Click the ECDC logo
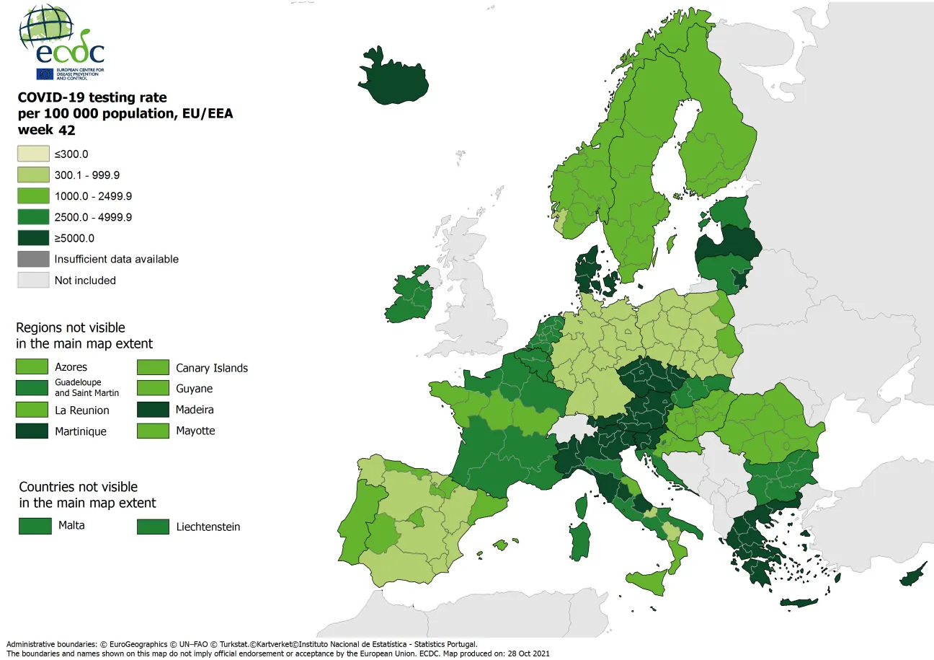[62, 43]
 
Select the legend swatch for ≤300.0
[33, 154]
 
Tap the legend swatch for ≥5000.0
[33, 238]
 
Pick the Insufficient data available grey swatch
[33, 259]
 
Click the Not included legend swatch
[33, 280]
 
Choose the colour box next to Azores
[33, 367]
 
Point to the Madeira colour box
[153, 410]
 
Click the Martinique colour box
[33, 431]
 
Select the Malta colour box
[35, 526]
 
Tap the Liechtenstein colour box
[153, 527]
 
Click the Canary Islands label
[212, 368]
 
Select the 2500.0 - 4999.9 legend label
[93, 217]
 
